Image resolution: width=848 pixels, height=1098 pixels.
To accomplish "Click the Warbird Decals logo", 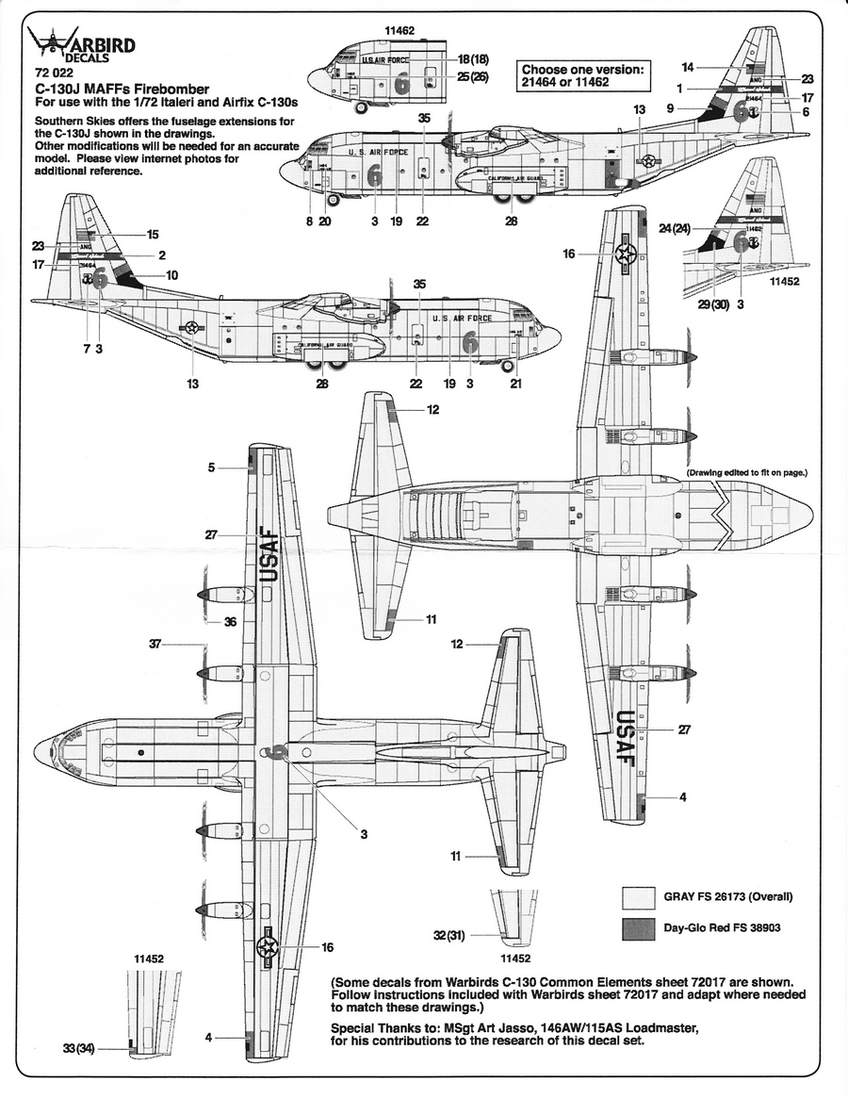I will pos(81,46).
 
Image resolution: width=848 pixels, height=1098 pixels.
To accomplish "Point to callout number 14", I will pos(688,66).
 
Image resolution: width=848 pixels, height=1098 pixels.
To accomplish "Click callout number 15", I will pos(154,234).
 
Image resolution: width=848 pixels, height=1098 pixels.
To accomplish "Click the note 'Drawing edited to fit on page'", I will pos(747,471).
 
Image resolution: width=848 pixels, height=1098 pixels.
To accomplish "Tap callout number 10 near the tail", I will pos(171,275).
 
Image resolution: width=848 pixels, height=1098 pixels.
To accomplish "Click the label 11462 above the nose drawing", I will pos(400,31).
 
